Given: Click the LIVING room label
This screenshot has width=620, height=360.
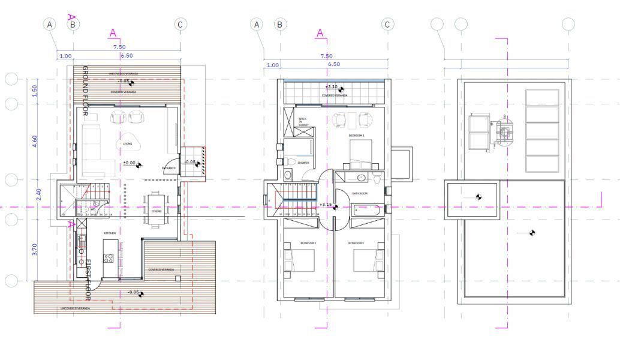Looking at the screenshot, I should [128, 143].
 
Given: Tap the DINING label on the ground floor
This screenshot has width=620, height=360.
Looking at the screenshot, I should [156, 211].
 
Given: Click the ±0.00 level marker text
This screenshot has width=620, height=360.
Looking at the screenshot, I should [129, 163].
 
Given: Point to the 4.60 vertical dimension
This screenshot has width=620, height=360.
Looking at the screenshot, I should [35, 142].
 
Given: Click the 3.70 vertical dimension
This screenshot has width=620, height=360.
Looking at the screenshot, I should [35, 250].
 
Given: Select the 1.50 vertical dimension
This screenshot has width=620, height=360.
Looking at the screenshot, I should [35, 91].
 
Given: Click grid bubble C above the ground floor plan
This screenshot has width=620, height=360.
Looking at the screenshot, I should [180, 24].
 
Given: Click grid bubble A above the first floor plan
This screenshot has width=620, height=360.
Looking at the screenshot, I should [257, 24].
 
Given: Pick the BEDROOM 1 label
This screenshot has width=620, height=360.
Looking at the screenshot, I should [357, 136].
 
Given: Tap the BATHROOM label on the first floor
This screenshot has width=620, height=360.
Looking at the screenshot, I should [360, 193].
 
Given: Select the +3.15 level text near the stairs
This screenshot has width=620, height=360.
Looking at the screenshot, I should [326, 205].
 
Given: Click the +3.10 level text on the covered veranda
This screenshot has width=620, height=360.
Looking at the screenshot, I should [332, 87].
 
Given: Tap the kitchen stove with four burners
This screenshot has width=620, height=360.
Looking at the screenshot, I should [109, 258].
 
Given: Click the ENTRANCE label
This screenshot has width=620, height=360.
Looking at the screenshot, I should [169, 168].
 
